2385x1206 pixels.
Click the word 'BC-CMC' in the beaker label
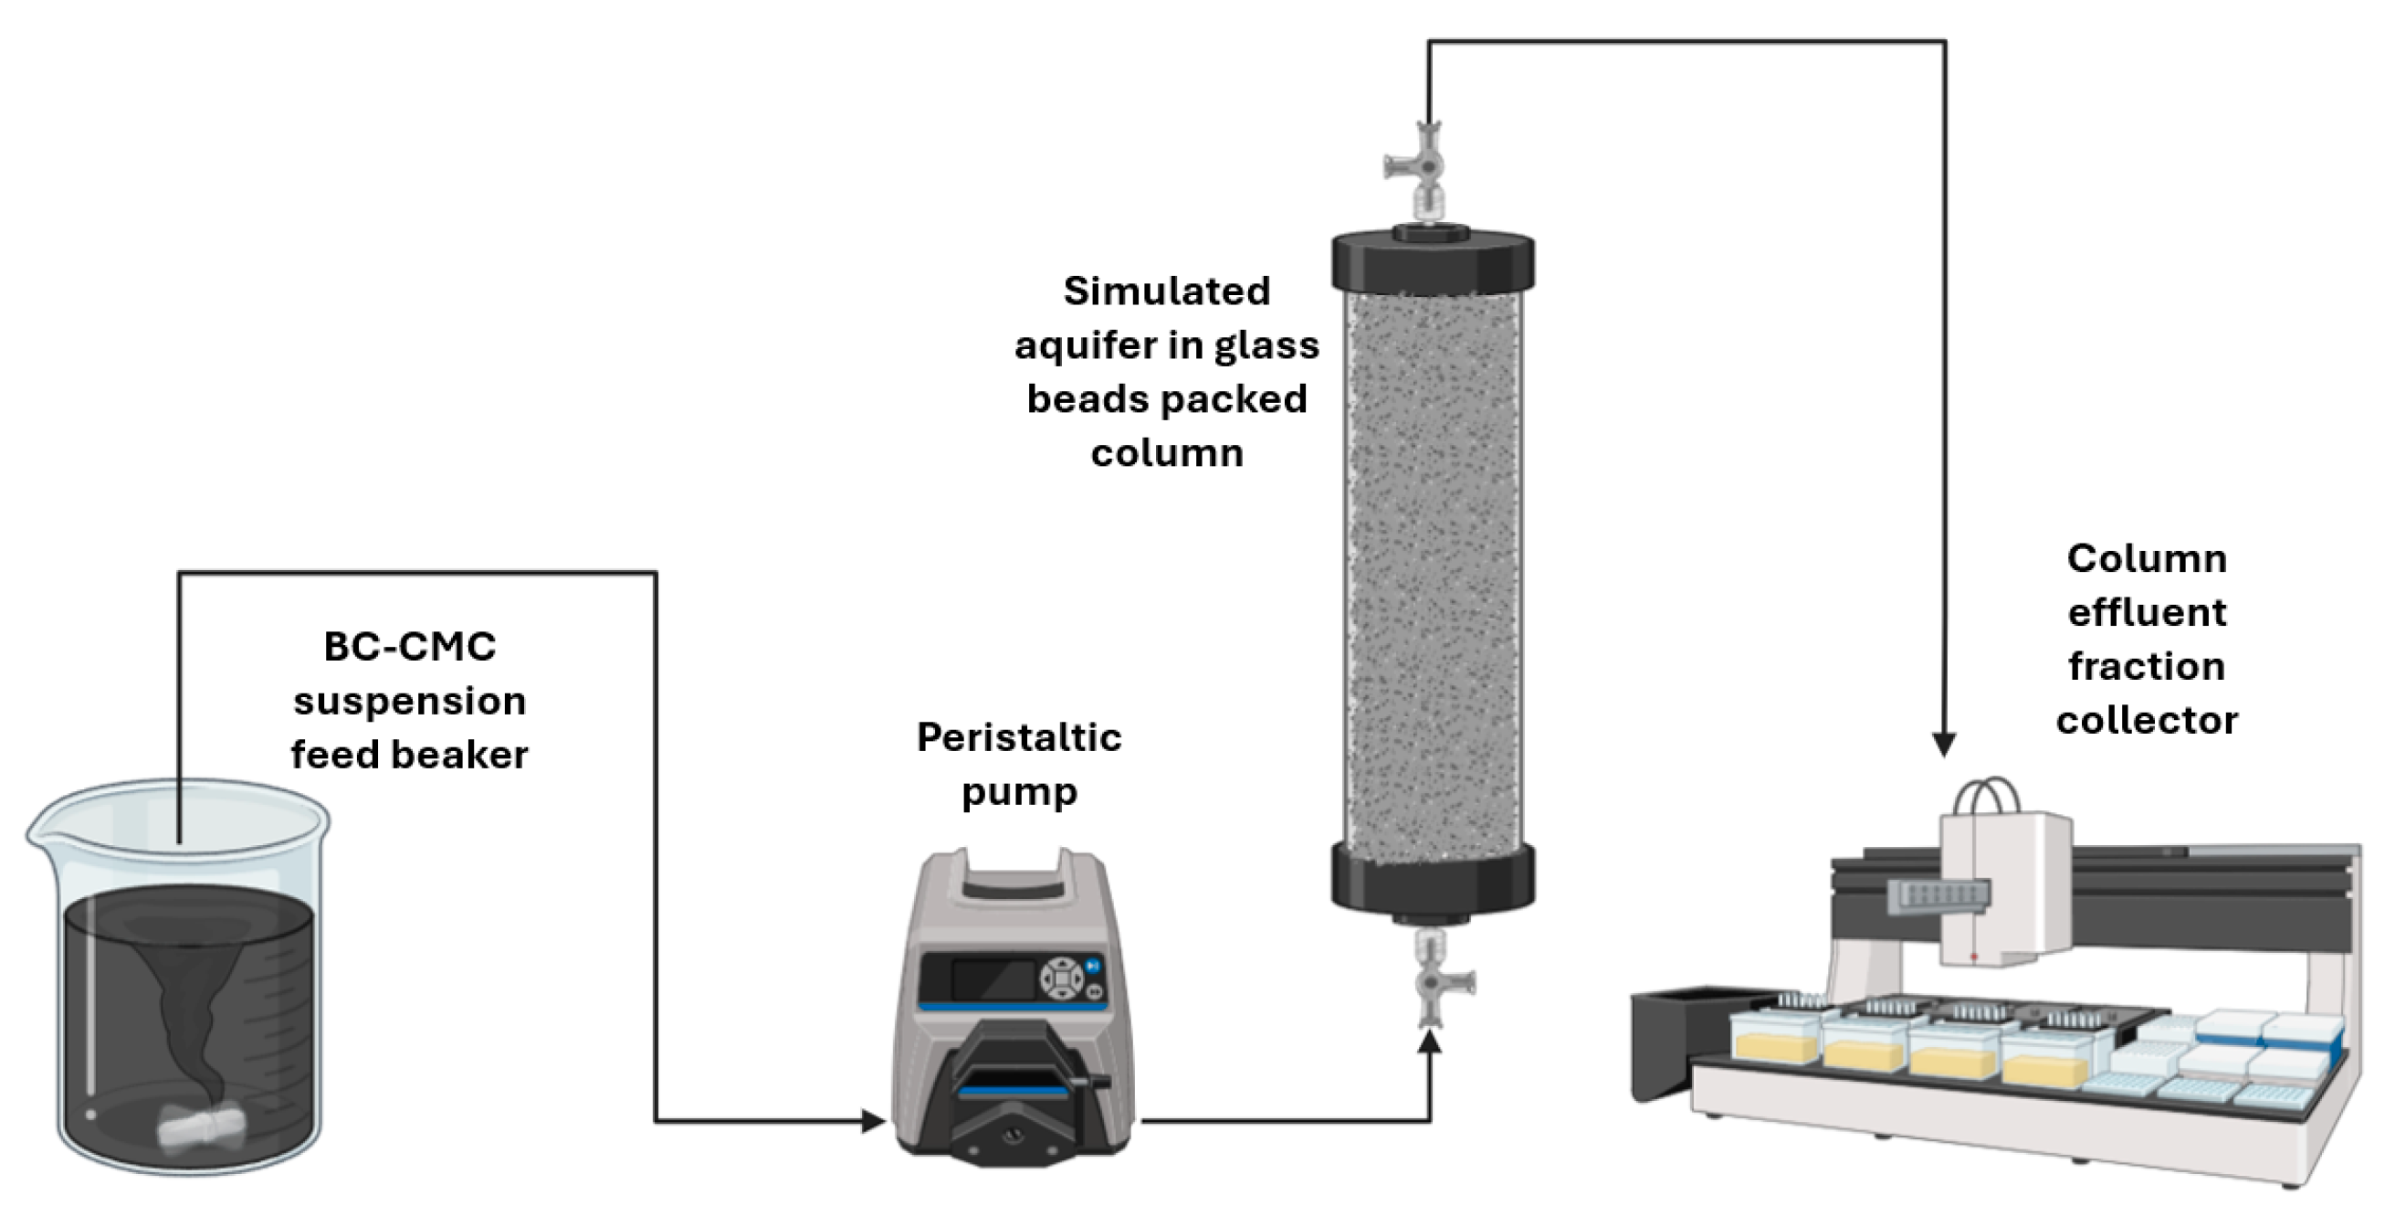tap(409, 648)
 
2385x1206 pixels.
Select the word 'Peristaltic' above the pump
tap(1018, 738)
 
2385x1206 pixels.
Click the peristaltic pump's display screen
tap(993, 979)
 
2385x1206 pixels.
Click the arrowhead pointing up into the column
tap(1431, 1042)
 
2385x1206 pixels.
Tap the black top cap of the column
tap(1433, 262)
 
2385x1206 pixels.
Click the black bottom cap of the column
tap(1433, 876)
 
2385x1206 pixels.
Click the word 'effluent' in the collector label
tap(2146, 613)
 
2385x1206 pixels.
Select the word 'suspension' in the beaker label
tap(409, 701)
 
